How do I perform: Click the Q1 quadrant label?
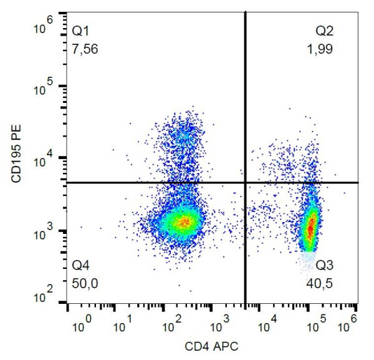coord(81,30)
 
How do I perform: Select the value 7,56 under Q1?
coord(85,49)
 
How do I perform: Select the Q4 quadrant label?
coord(81,265)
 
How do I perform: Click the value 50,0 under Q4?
coord(85,283)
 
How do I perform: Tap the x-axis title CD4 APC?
coord(211,345)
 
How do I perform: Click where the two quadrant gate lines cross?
coord(245,182)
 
